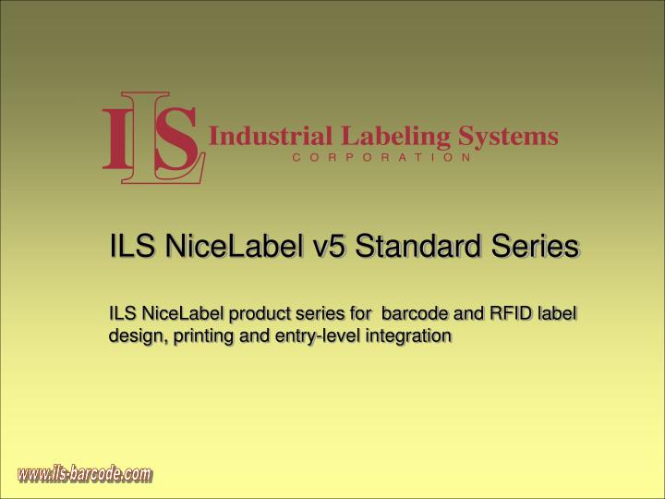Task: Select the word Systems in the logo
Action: pos(511,137)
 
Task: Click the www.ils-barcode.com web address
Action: pos(84,475)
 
